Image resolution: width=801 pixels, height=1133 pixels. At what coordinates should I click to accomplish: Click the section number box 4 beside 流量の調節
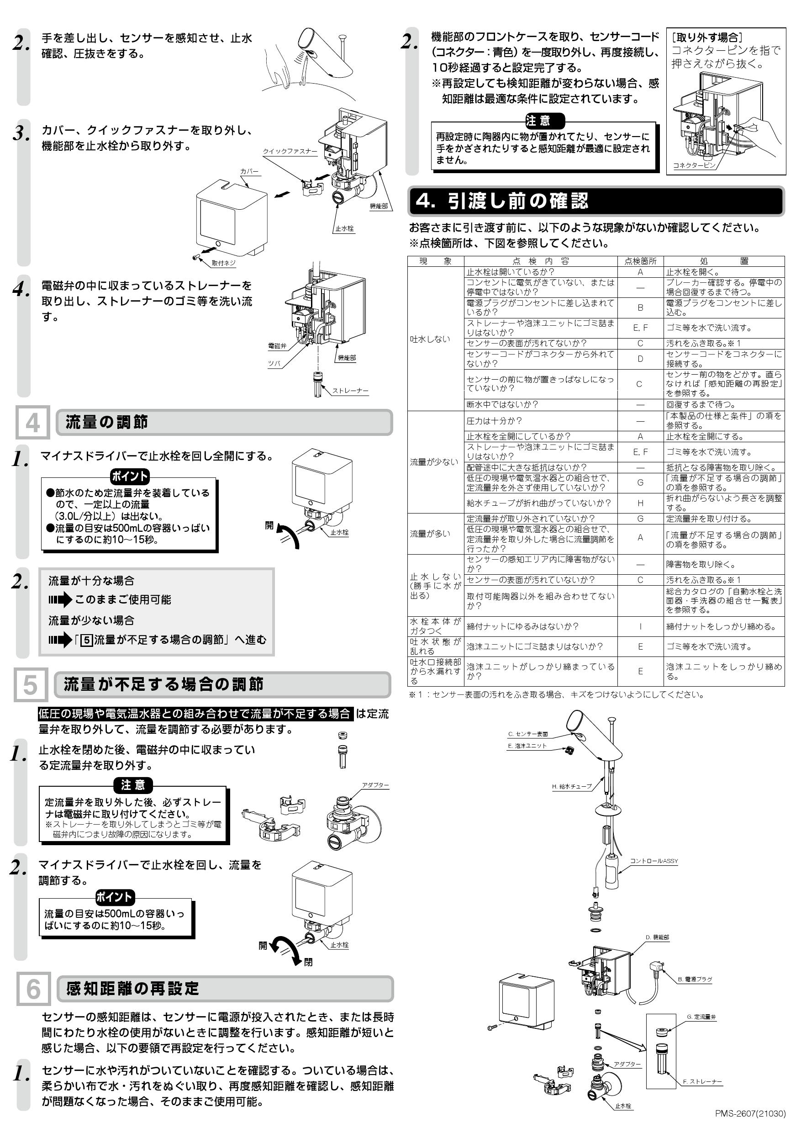pos(32,423)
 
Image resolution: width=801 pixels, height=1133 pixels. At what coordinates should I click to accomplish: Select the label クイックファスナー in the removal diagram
pos(290,152)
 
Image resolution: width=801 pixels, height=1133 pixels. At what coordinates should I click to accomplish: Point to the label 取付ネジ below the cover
pos(223,264)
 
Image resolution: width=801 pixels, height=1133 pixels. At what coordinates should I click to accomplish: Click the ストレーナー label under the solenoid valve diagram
pos(350,390)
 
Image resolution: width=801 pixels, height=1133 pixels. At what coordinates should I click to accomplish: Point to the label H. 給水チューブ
pos(572,787)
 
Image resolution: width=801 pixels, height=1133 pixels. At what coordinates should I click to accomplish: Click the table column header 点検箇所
pos(640,261)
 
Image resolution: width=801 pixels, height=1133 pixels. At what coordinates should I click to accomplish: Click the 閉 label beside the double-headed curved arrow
pos(308,962)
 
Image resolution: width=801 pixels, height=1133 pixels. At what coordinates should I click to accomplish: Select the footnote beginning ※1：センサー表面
pos(556,695)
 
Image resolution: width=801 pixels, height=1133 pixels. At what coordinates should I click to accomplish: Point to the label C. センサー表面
pos(528,734)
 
